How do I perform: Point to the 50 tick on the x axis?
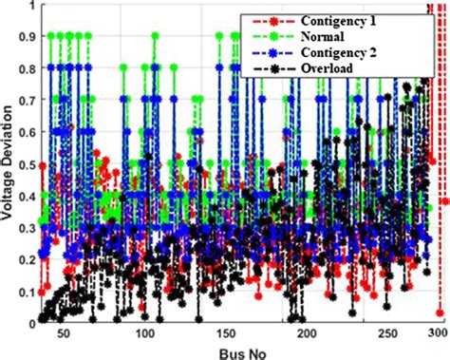(64, 334)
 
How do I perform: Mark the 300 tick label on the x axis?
(437, 334)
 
